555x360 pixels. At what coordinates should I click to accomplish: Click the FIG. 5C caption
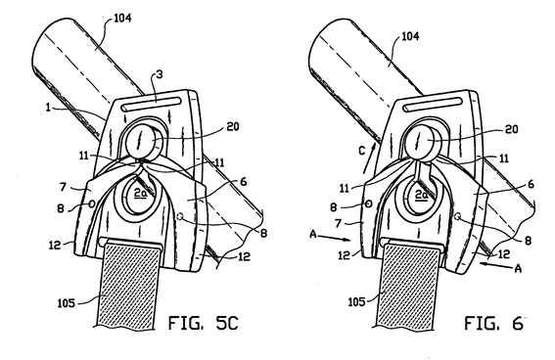[204, 323]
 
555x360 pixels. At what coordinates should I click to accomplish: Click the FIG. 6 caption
[493, 323]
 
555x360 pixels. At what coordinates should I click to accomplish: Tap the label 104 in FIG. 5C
[122, 19]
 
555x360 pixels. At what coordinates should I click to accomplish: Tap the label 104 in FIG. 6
[410, 36]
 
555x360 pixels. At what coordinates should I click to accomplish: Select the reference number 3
[159, 75]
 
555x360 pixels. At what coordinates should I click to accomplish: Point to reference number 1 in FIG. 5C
[48, 107]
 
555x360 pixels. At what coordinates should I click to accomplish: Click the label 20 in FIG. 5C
[233, 126]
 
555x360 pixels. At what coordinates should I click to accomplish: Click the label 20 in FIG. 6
[511, 129]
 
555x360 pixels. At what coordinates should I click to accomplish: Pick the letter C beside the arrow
[361, 151]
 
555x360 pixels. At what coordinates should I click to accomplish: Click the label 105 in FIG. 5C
[67, 303]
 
